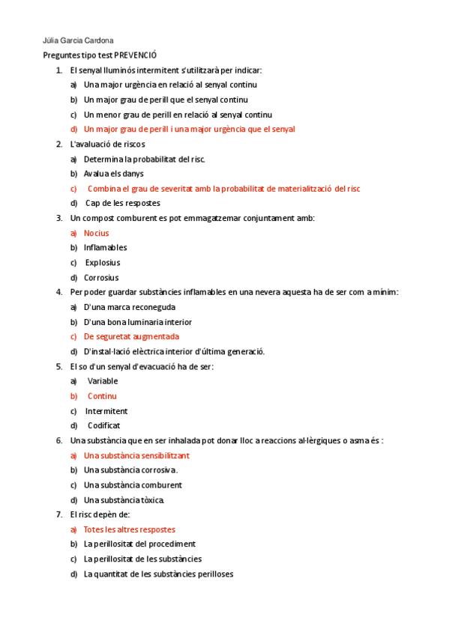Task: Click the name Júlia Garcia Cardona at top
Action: click(x=79, y=40)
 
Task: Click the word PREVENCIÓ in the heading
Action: click(x=136, y=55)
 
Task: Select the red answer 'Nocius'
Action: click(x=96, y=233)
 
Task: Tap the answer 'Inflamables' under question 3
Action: click(x=106, y=248)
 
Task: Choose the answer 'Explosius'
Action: click(x=103, y=263)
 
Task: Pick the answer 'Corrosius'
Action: click(x=101, y=278)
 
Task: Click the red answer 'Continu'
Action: click(x=102, y=396)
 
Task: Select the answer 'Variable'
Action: click(x=103, y=381)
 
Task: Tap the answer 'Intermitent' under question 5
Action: click(x=106, y=411)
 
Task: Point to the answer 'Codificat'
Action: click(x=104, y=425)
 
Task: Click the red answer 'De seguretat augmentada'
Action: click(x=131, y=337)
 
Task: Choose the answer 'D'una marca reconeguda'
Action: click(x=130, y=307)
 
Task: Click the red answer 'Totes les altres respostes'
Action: click(x=130, y=529)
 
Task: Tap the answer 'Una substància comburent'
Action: click(x=133, y=484)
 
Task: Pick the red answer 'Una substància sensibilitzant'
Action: click(x=136, y=455)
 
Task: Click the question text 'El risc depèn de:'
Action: click(x=100, y=514)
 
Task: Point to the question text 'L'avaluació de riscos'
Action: click(x=107, y=144)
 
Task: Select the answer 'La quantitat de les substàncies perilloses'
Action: click(x=158, y=574)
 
